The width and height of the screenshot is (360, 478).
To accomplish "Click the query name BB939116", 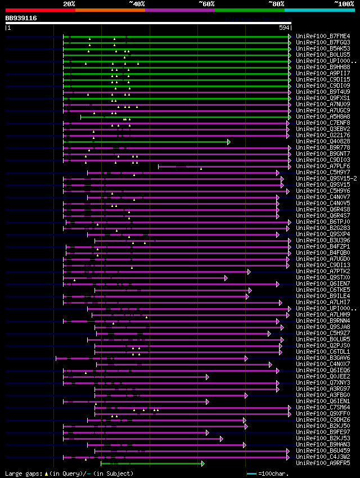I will click(x=21, y=18).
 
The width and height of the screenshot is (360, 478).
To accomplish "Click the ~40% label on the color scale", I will click(x=137, y=3).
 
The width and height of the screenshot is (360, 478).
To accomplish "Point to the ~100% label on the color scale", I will click(x=344, y=3).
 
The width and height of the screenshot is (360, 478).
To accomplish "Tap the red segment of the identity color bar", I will click(x=40, y=10).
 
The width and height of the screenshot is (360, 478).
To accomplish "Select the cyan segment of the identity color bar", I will click(x=319, y=10).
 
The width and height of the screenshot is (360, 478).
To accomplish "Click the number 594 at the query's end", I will click(x=284, y=27).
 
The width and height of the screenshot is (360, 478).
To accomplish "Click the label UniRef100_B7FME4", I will click(x=323, y=36).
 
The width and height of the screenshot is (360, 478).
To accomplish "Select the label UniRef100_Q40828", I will click(x=323, y=141).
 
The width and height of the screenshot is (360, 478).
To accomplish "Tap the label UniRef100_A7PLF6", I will click(x=323, y=166).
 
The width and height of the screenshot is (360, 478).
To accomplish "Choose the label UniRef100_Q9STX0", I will click(x=323, y=277).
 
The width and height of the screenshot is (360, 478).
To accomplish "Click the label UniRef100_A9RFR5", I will click(x=323, y=463).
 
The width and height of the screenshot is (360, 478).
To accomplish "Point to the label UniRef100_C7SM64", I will click(x=323, y=407).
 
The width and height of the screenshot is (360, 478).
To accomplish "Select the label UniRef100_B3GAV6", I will click(x=323, y=358).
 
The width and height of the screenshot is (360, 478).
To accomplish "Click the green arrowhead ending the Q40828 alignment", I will click(x=229, y=142).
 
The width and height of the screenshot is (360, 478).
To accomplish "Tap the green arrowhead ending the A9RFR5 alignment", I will click(x=202, y=463).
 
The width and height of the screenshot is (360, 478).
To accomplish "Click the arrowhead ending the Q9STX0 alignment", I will click(x=226, y=278).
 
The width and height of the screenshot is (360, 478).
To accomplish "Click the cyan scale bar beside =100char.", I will click(x=251, y=474).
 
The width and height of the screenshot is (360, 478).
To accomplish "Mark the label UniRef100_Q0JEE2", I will click(x=323, y=376).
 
